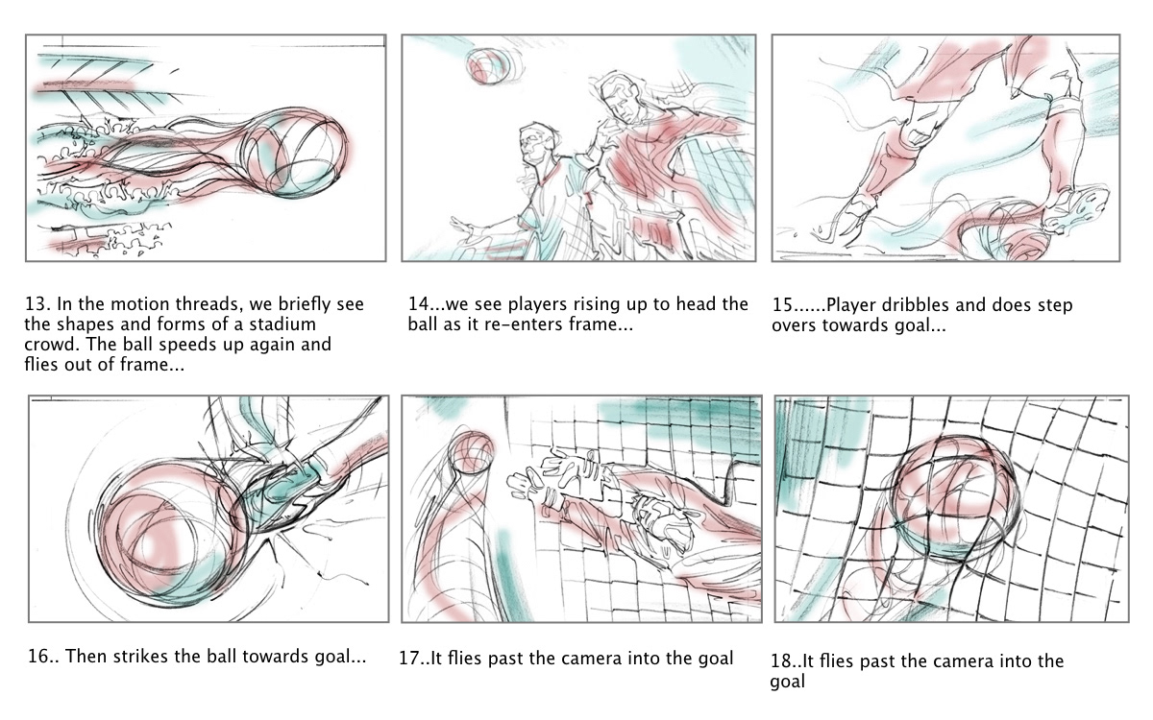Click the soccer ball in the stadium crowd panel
pyautogui.click(x=294, y=153)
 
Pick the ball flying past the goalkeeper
pyautogui.click(x=470, y=451)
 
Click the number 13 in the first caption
pyautogui.click(x=36, y=304)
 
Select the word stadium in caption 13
pyautogui.click(x=282, y=324)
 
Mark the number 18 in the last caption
pyautogui.click(x=781, y=660)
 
